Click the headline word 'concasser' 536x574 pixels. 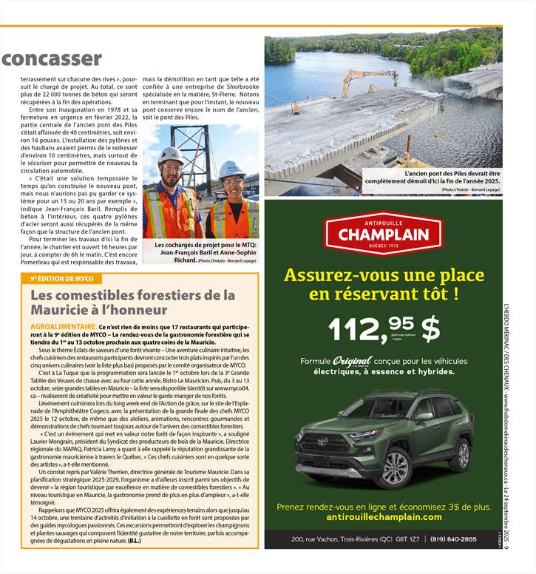click(51, 58)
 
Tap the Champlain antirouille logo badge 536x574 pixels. click(383, 234)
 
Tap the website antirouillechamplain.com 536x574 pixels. click(383, 517)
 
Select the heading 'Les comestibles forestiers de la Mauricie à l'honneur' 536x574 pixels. click(132, 303)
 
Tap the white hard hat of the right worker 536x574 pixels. click(231, 169)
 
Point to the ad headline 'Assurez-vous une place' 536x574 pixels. click(383, 276)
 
